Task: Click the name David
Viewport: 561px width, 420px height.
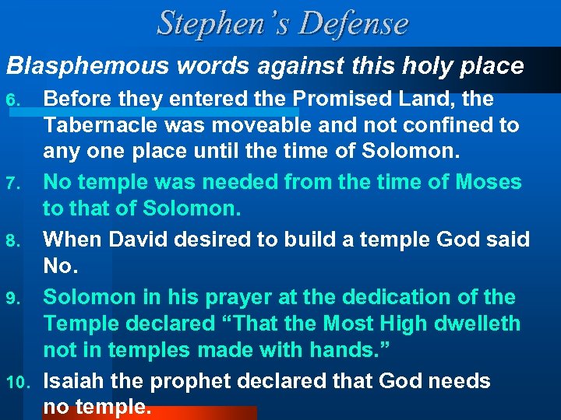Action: tap(134, 240)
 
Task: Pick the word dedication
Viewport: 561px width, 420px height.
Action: tap(387, 298)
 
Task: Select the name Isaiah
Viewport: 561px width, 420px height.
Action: tap(72, 382)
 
